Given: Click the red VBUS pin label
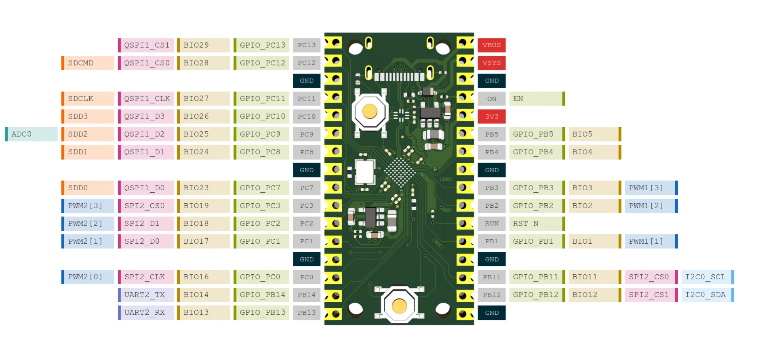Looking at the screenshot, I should pyautogui.click(x=491, y=45).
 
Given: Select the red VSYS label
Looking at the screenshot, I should pyautogui.click(x=491, y=63).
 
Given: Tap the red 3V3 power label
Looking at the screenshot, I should pyautogui.click(x=491, y=116).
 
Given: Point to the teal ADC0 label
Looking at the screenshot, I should pyautogui.click(x=32, y=134).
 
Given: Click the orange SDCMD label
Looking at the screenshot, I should pyautogui.click(x=88, y=63).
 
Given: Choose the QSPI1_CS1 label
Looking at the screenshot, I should pyautogui.click(x=146, y=45).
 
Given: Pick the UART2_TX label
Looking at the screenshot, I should pyautogui.click(x=146, y=295).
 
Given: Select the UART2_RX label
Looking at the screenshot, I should pyautogui.click(x=146, y=312).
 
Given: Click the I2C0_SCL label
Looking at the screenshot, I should pyautogui.click(x=707, y=277).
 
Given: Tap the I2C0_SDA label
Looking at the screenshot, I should pyautogui.click(x=707, y=295).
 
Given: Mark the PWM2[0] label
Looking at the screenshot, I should pyautogui.click(x=88, y=277).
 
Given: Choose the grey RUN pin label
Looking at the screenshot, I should pyautogui.click(x=491, y=223).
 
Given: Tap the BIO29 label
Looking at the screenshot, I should pyautogui.click(x=204, y=45).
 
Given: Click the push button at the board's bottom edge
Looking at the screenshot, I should pyautogui.click(x=399, y=306).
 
